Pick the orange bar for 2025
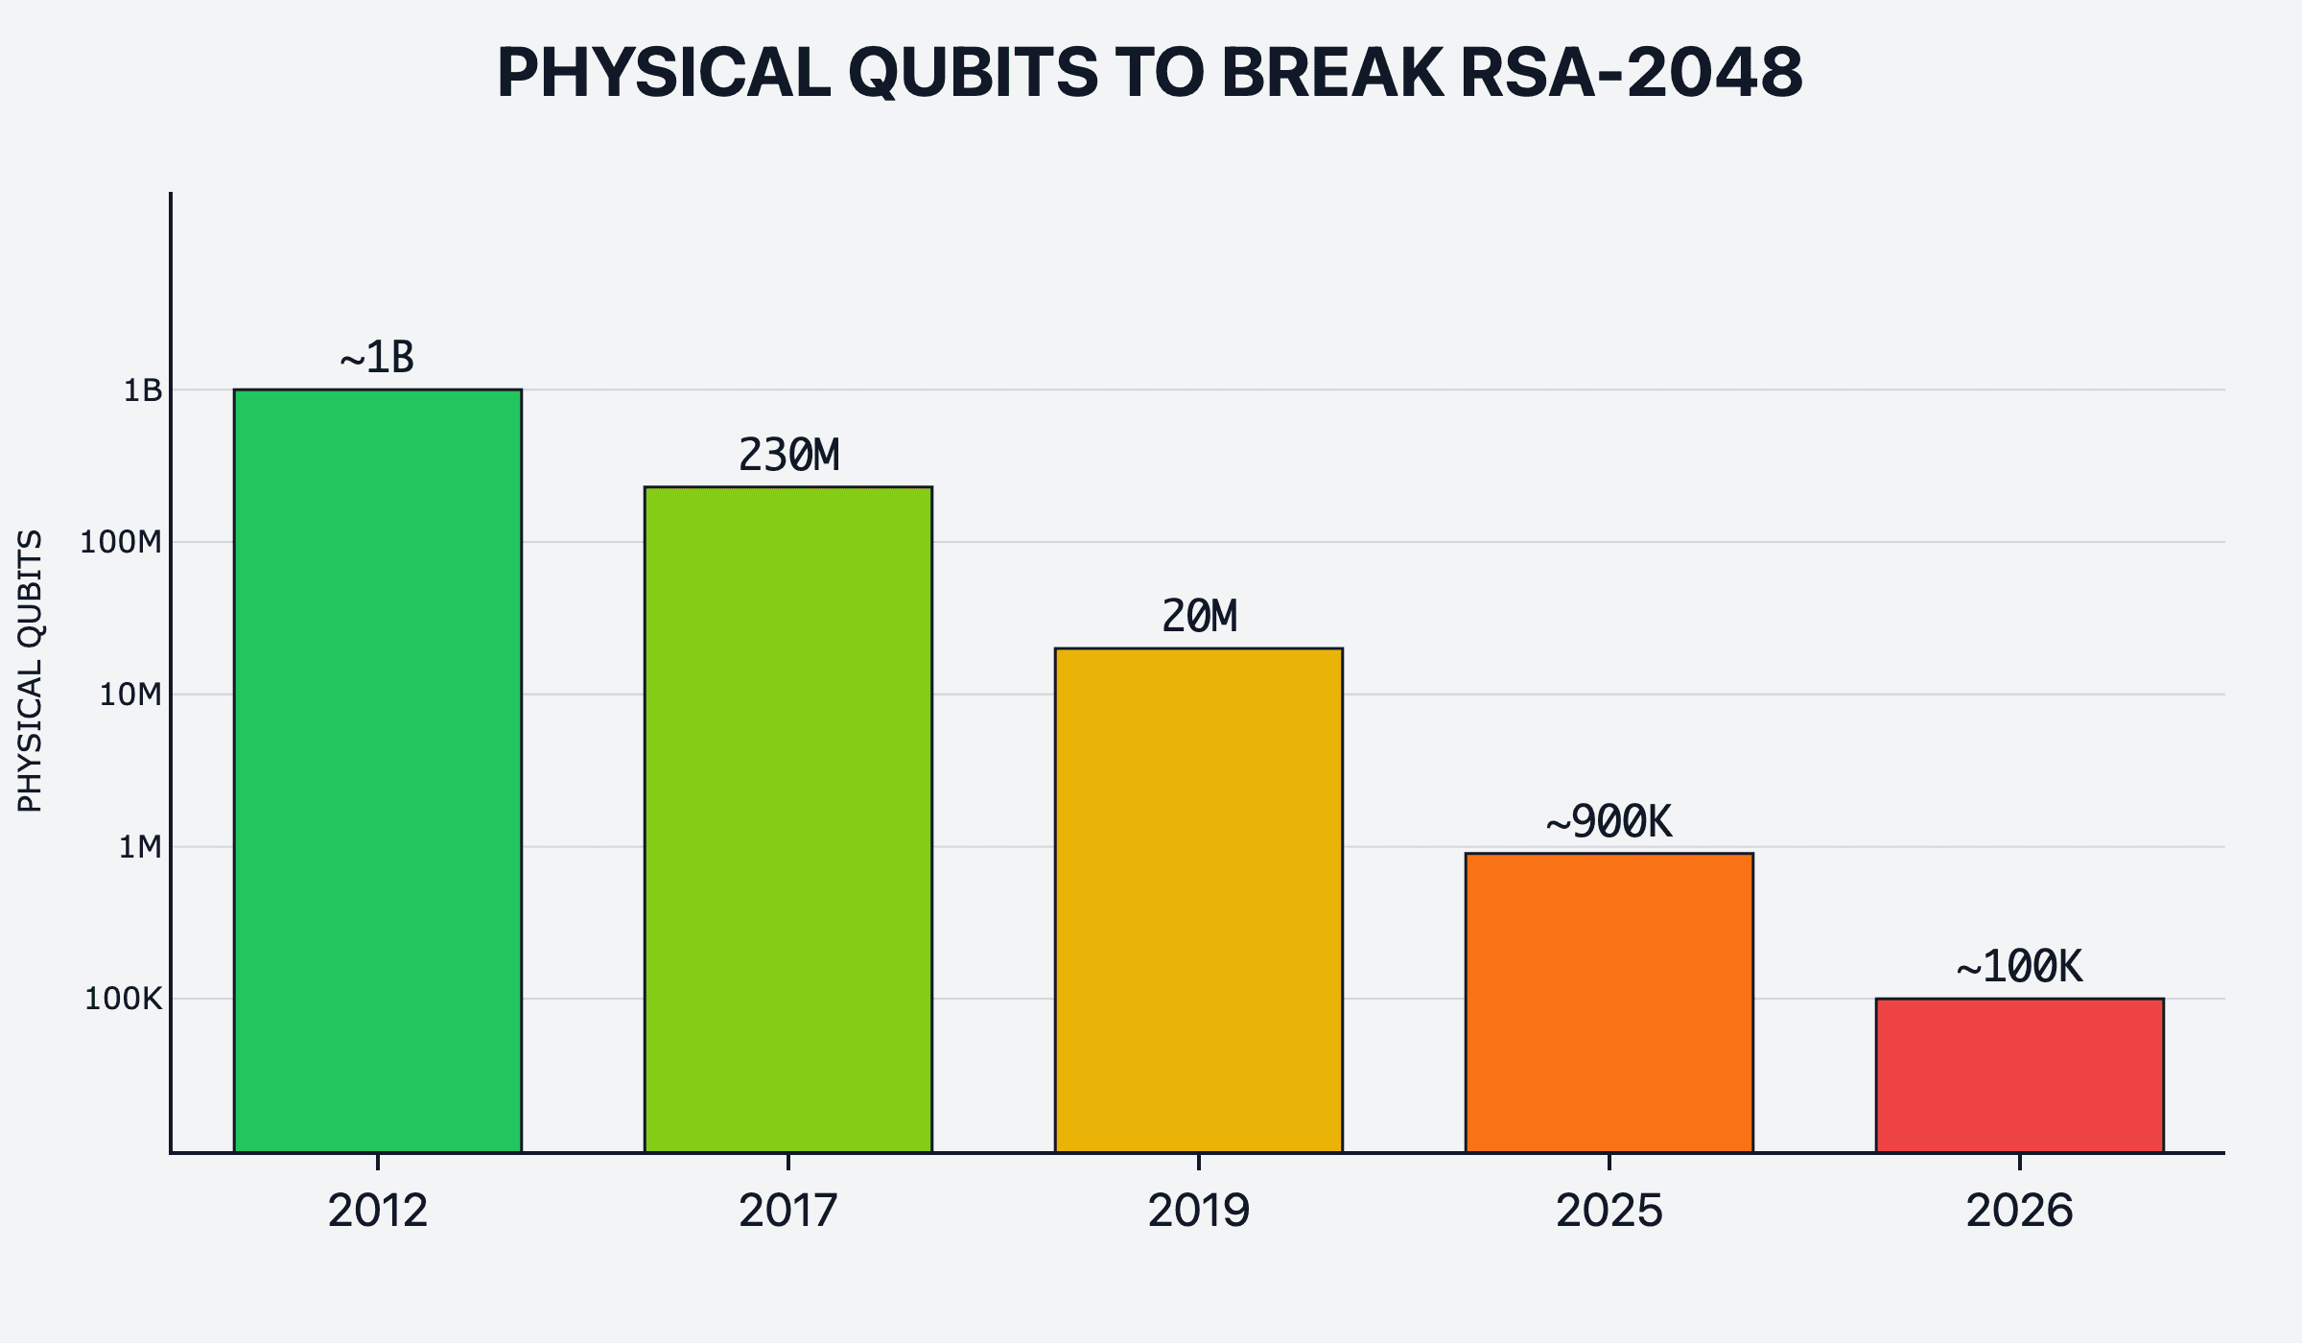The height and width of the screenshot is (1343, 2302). click(1609, 1002)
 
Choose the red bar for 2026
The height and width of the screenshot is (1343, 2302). click(2019, 1075)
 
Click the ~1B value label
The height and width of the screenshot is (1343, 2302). click(377, 358)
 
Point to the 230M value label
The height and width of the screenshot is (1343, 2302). click(788, 455)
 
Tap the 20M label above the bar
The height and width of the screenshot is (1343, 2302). click(1199, 616)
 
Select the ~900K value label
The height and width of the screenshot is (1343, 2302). click(1609, 821)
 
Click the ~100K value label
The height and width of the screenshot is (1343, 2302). click(2019, 966)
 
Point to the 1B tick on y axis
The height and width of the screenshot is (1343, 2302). click(143, 390)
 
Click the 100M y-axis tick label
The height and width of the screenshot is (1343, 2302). click(121, 542)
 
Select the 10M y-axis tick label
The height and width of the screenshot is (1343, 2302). click(130, 695)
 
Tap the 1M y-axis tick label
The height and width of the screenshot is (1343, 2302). click(140, 847)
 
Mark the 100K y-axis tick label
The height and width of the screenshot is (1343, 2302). click(124, 999)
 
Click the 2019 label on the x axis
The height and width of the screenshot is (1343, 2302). click(1198, 1211)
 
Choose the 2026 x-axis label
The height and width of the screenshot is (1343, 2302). click(2019, 1211)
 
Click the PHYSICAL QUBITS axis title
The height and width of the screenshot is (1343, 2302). click(30, 671)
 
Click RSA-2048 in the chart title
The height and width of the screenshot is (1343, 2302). click(1631, 72)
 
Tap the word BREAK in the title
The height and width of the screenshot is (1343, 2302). click(1332, 72)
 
